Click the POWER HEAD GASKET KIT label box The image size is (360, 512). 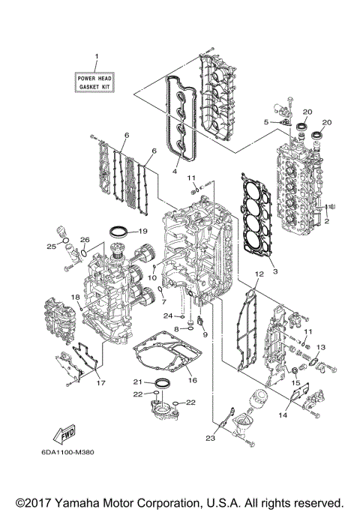tap(95, 82)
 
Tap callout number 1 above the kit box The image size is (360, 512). tap(95, 58)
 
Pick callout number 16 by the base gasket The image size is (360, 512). tap(192, 380)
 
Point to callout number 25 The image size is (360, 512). tap(50, 246)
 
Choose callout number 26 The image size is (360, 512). tap(85, 241)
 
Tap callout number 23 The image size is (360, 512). tap(211, 439)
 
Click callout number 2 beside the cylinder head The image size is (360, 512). tap(326, 221)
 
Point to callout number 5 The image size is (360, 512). tap(266, 121)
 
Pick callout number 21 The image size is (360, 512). tap(138, 382)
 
